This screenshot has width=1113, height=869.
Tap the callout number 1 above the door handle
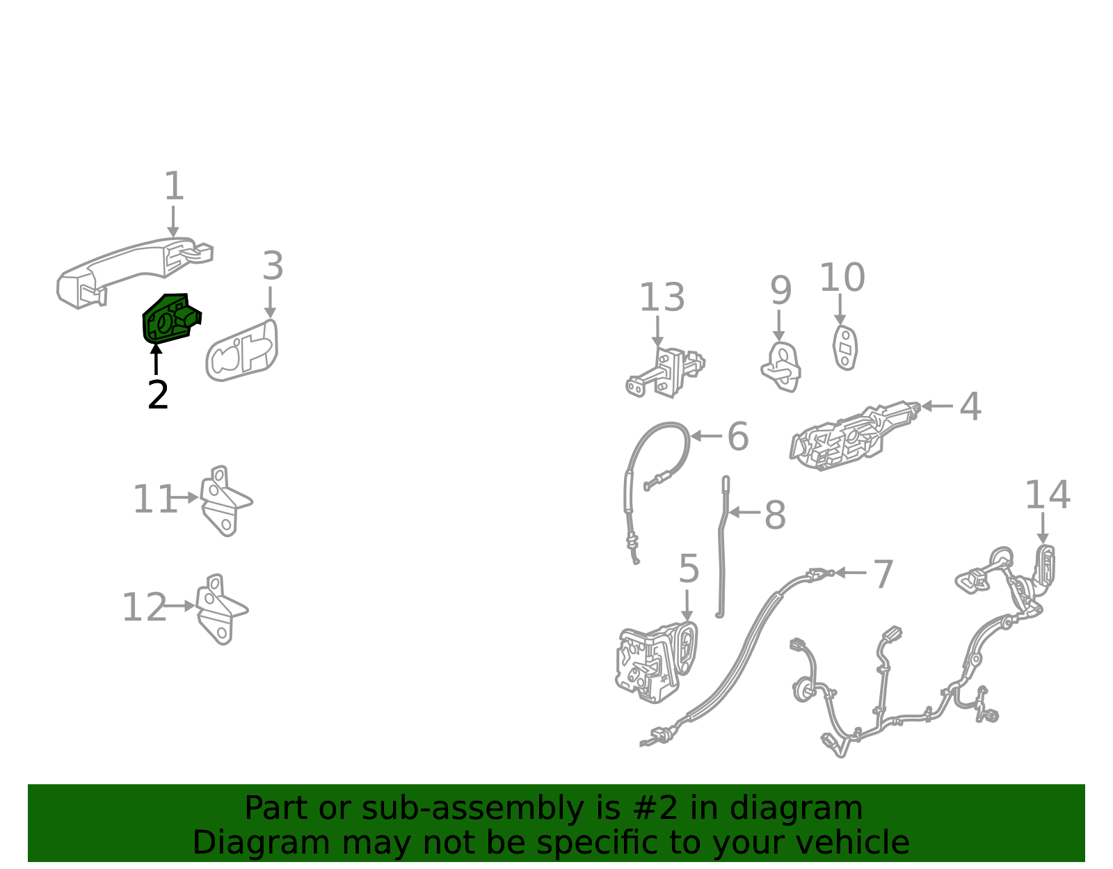pyautogui.click(x=174, y=186)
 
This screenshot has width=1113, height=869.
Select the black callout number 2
pyautogui.click(x=158, y=394)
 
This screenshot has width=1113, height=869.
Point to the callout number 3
pyautogui.click(x=273, y=266)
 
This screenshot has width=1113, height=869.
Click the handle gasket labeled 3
pyautogui.click(x=242, y=351)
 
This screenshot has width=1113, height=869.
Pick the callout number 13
pyautogui.click(x=662, y=297)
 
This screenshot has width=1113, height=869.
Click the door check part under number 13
pyautogui.click(x=665, y=372)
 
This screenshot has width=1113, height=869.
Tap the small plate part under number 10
pyautogui.click(x=845, y=348)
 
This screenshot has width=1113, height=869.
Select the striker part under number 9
pyautogui.click(x=781, y=367)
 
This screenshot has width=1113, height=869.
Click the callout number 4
pyautogui.click(x=970, y=406)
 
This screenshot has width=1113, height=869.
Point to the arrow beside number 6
pyautogui.click(x=706, y=437)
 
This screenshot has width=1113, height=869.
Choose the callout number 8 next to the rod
pyautogui.click(x=775, y=515)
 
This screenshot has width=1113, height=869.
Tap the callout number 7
pyautogui.click(x=883, y=575)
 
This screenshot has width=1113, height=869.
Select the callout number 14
pyautogui.click(x=1048, y=495)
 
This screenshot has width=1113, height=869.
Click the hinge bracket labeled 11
pyautogui.click(x=225, y=501)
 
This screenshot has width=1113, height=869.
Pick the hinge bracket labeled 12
pyautogui.click(x=221, y=609)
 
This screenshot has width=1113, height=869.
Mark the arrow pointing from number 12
pyautogui.click(x=179, y=606)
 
